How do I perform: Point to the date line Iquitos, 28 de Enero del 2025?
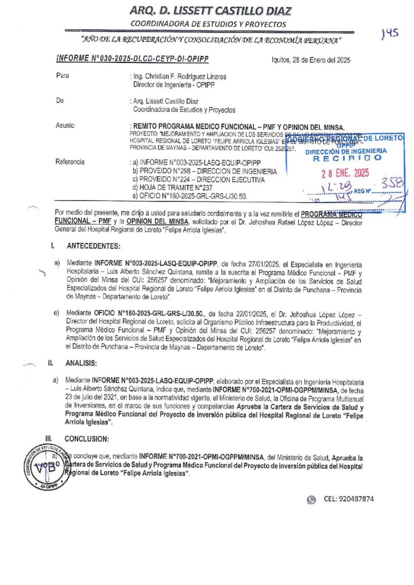pos(311,60)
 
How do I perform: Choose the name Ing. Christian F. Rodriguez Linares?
pos(178,76)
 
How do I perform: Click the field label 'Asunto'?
pos(65,125)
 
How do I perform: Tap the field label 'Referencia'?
pos(70,162)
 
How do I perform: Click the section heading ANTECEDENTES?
pos(94,246)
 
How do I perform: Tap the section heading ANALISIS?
pos(81,363)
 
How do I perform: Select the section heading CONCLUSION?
pos(88,438)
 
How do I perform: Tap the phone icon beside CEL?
pos(311,499)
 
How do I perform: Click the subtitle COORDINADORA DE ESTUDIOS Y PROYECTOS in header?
pos(208,24)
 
